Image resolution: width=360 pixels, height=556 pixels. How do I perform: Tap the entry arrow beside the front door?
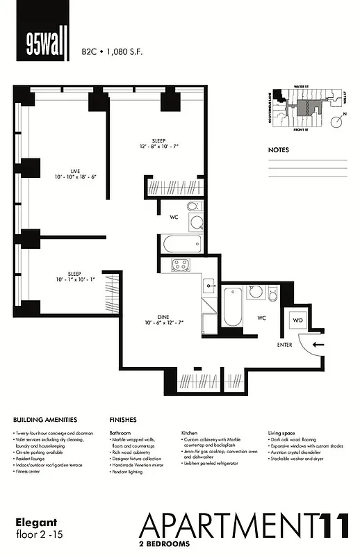pos(317,343)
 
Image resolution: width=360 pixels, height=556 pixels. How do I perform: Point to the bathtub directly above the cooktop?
pos(181,244)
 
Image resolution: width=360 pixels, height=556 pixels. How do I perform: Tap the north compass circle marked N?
pos(338,123)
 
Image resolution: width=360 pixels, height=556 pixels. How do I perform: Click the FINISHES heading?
pos(122,420)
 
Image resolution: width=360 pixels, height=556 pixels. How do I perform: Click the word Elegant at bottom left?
pos(33,521)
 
